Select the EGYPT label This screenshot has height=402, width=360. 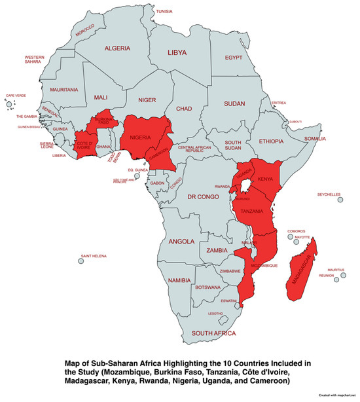[234, 58]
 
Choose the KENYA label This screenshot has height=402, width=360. [265, 179]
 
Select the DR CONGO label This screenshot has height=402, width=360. [203, 198]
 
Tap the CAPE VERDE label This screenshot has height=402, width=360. [16, 96]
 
